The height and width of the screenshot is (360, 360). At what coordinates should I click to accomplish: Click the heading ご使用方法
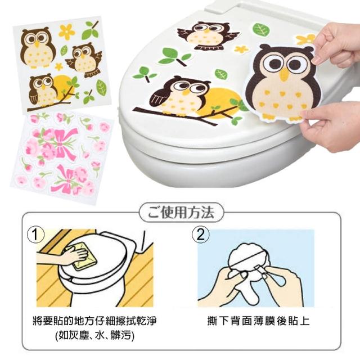click(x=181, y=213)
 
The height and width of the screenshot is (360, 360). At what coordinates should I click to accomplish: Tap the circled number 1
click(x=35, y=235)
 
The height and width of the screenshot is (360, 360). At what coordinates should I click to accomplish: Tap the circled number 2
click(x=200, y=235)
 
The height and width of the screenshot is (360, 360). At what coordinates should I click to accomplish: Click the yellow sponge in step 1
click(x=84, y=256)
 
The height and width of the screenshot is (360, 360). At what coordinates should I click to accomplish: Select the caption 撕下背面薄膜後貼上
click(x=258, y=321)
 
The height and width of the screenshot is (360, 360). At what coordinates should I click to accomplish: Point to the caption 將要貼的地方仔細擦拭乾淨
click(x=94, y=321)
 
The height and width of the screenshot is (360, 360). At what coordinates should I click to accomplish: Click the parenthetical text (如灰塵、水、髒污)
click(x=94, y=335)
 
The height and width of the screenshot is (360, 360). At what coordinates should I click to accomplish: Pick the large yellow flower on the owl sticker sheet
click(x=66, y=32)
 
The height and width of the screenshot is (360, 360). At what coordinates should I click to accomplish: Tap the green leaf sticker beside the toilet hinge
click(x=261, y=29)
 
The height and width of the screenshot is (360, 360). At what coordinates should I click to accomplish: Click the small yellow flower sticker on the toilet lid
click(x=241, y=49)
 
